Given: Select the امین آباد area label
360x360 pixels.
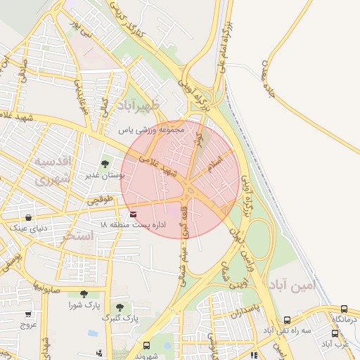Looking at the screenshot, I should (294, 285).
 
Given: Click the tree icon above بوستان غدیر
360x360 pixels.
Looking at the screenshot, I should (105, 164).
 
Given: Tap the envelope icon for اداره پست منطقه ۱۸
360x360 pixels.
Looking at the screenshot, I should (133, 213).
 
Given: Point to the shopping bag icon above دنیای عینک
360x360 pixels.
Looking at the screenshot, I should (27, 218).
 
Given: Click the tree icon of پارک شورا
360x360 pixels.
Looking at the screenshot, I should (84, 295).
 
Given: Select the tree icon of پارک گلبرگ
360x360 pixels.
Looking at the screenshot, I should (120, 307).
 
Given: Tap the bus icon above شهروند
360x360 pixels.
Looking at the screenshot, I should (146, 345).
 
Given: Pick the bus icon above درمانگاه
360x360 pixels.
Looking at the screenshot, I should (344, 309).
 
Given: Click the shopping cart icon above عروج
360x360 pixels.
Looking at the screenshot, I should (27, 314).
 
